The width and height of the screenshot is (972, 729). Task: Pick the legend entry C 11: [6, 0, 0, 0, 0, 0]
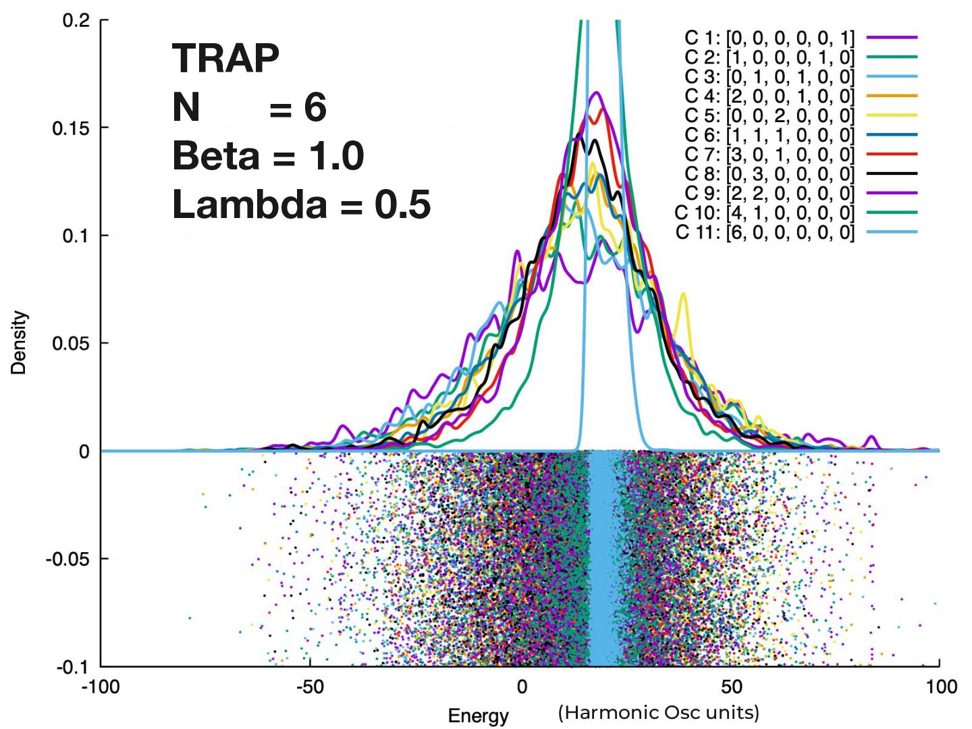pos(764,233)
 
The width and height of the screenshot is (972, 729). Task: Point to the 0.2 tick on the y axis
pos(76,20)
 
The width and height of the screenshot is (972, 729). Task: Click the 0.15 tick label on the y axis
pos(71,128)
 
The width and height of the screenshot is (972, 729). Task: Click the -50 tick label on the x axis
pos(310,687)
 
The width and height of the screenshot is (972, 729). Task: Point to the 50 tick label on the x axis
pos(731,687)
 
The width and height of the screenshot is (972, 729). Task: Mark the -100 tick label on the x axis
pos(101,687)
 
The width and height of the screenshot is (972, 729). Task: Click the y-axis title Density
pos(19,343)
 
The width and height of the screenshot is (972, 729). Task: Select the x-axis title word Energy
pos(478,715)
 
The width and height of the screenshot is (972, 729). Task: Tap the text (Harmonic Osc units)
pos(658,713)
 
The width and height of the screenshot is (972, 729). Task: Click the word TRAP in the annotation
pos(225,59)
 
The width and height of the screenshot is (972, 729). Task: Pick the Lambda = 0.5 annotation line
pos(301,204)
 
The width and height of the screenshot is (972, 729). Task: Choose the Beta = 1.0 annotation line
pos(268,155)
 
